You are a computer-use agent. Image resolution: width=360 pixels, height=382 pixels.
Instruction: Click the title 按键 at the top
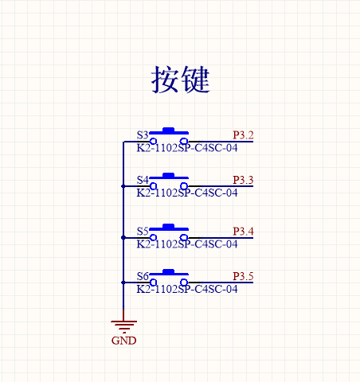pos(181,80)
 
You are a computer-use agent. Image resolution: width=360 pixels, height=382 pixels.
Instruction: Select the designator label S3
pos(143,135)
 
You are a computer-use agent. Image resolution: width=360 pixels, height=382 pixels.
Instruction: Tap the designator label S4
pos(143,180)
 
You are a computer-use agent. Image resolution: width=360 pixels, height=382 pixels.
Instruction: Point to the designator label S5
pos(143,232)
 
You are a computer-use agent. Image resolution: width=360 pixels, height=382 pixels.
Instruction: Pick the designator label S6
pos(143,276)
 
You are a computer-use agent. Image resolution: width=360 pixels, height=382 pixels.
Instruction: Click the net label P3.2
pos(243,135)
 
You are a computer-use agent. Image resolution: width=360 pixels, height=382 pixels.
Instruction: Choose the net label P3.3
pos(243,180)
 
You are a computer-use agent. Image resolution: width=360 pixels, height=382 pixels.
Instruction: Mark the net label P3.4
pos(243,232)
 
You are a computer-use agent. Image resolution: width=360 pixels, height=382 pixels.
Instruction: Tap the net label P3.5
pos(243,276)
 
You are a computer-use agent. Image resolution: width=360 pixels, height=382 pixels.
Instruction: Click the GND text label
pos(123,341)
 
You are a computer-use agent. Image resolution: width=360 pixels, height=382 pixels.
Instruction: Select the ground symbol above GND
pos(123,326)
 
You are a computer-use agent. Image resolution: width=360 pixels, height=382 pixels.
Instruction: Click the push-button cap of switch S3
pos(169,131)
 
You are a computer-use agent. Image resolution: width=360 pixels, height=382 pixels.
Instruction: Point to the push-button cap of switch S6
pos(169,272)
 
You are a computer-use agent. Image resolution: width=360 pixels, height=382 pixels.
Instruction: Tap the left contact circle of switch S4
pos(153,186)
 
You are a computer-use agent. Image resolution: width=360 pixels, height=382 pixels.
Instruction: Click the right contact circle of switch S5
pos(184,237)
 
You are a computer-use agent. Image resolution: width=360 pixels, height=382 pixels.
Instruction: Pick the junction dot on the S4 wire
pos(123,186)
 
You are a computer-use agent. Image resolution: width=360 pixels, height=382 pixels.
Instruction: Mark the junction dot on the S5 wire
pos(123,238)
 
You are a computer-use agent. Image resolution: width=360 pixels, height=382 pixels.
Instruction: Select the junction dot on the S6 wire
pos(123,283)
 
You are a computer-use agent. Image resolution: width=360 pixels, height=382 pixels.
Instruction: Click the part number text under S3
pos(187,148)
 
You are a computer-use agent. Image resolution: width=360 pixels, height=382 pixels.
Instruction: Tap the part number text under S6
pos(187,289)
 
